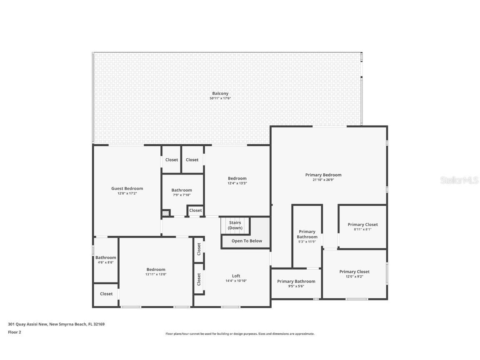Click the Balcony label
click(x=220, y=94)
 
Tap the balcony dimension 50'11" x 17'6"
click(x=220, y=98)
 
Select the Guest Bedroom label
click(x=127, y=189)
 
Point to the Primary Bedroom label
click(x=323, y=175)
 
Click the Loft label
click(x=236, y=276)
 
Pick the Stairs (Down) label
click(x=235, y=225)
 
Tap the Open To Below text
click(x=247, y=241)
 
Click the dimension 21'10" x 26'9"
click(x=323, y=180)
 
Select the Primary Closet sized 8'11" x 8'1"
click(x=362, y=225)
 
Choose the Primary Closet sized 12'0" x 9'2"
click(x=354, y=272)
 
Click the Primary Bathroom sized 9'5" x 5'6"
click(x=296, y=282)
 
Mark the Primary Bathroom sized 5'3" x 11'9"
click(x=307, y=234)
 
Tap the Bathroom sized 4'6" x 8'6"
click(x=105, y=258)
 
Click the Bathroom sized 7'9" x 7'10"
click(x=182, y=190)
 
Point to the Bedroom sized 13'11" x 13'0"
click(x=156, y=270)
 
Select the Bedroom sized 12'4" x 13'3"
click(x=237, y=179)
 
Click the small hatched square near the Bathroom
click(x=166, y=213)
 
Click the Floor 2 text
click(x=15, y=332)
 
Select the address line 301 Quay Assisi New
click(x=56, y=324)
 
